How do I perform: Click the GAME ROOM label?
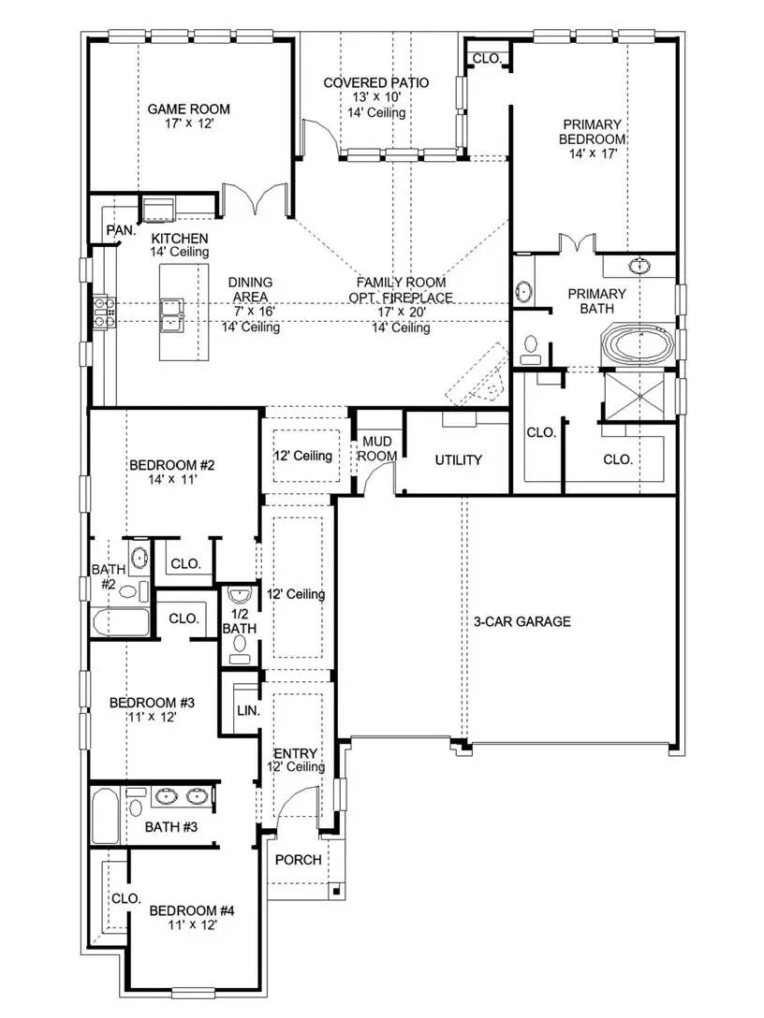pos(188,109)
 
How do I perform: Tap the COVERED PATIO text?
pos(376,83)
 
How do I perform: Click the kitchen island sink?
pos(172,314)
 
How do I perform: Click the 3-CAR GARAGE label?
pos(522,621)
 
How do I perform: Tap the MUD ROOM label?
pos(379,448)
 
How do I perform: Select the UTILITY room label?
pos(458,460)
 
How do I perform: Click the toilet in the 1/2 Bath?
pos(241,658)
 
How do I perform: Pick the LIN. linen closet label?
pos(248,711)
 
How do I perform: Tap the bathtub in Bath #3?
pos(105,816)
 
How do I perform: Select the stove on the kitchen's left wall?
pos(101,313)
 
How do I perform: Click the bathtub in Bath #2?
pos(121,624)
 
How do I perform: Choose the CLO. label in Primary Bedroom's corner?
pos(487,58)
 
